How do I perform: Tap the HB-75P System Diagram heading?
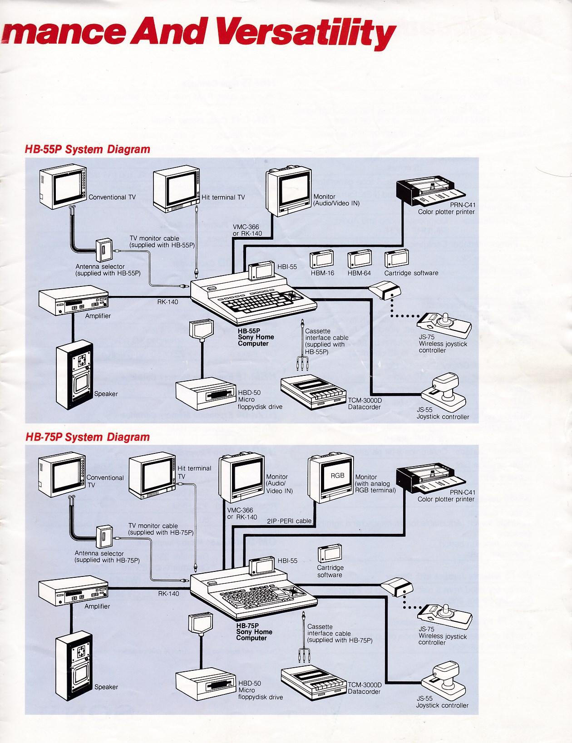(88, 437)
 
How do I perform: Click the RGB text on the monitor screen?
(336, 476)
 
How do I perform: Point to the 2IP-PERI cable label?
(289, 521)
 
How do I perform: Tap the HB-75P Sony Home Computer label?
(251, 631)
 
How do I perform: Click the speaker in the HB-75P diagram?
(74, 663)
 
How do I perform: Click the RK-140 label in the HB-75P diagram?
(168, 593)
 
